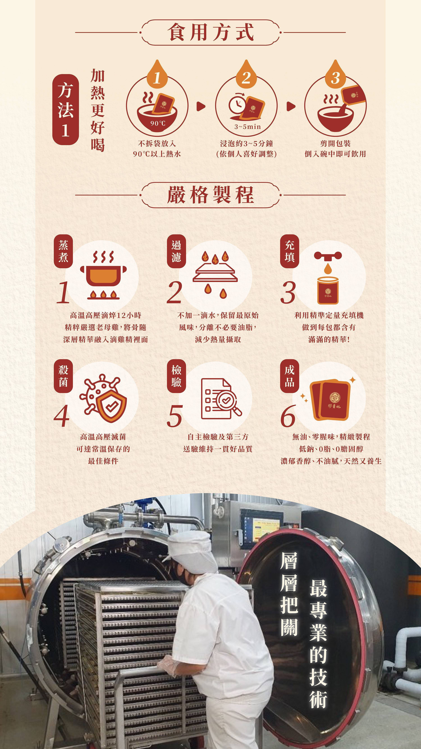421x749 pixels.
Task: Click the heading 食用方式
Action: pos(210,32)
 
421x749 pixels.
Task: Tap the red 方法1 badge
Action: pos(65,109)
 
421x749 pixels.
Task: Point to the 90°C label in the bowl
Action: pos(158,123)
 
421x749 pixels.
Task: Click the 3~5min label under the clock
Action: pos(248,127)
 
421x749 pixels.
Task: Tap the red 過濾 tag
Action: pos(176,251)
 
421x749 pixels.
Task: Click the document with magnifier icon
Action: pos(221,398)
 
